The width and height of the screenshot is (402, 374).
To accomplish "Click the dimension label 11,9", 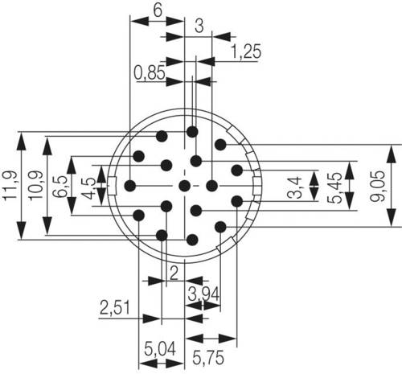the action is (x=10, y=185).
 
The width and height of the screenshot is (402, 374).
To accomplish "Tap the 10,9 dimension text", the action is (x=36, y=185).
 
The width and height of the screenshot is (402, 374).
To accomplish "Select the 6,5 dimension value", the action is (x=60, y=187).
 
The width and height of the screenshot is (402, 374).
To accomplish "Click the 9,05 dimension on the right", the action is (x=377, y=186).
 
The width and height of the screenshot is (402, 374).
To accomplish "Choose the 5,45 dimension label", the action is (x=334, y=187).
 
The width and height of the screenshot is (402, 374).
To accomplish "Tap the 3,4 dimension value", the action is (x=294, y=187).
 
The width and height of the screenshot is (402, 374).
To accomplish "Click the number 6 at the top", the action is (x=158, y=10).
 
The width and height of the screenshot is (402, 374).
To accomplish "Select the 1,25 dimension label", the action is (x=246, y=51).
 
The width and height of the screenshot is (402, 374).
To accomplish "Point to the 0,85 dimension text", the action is (x=150, y=72).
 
